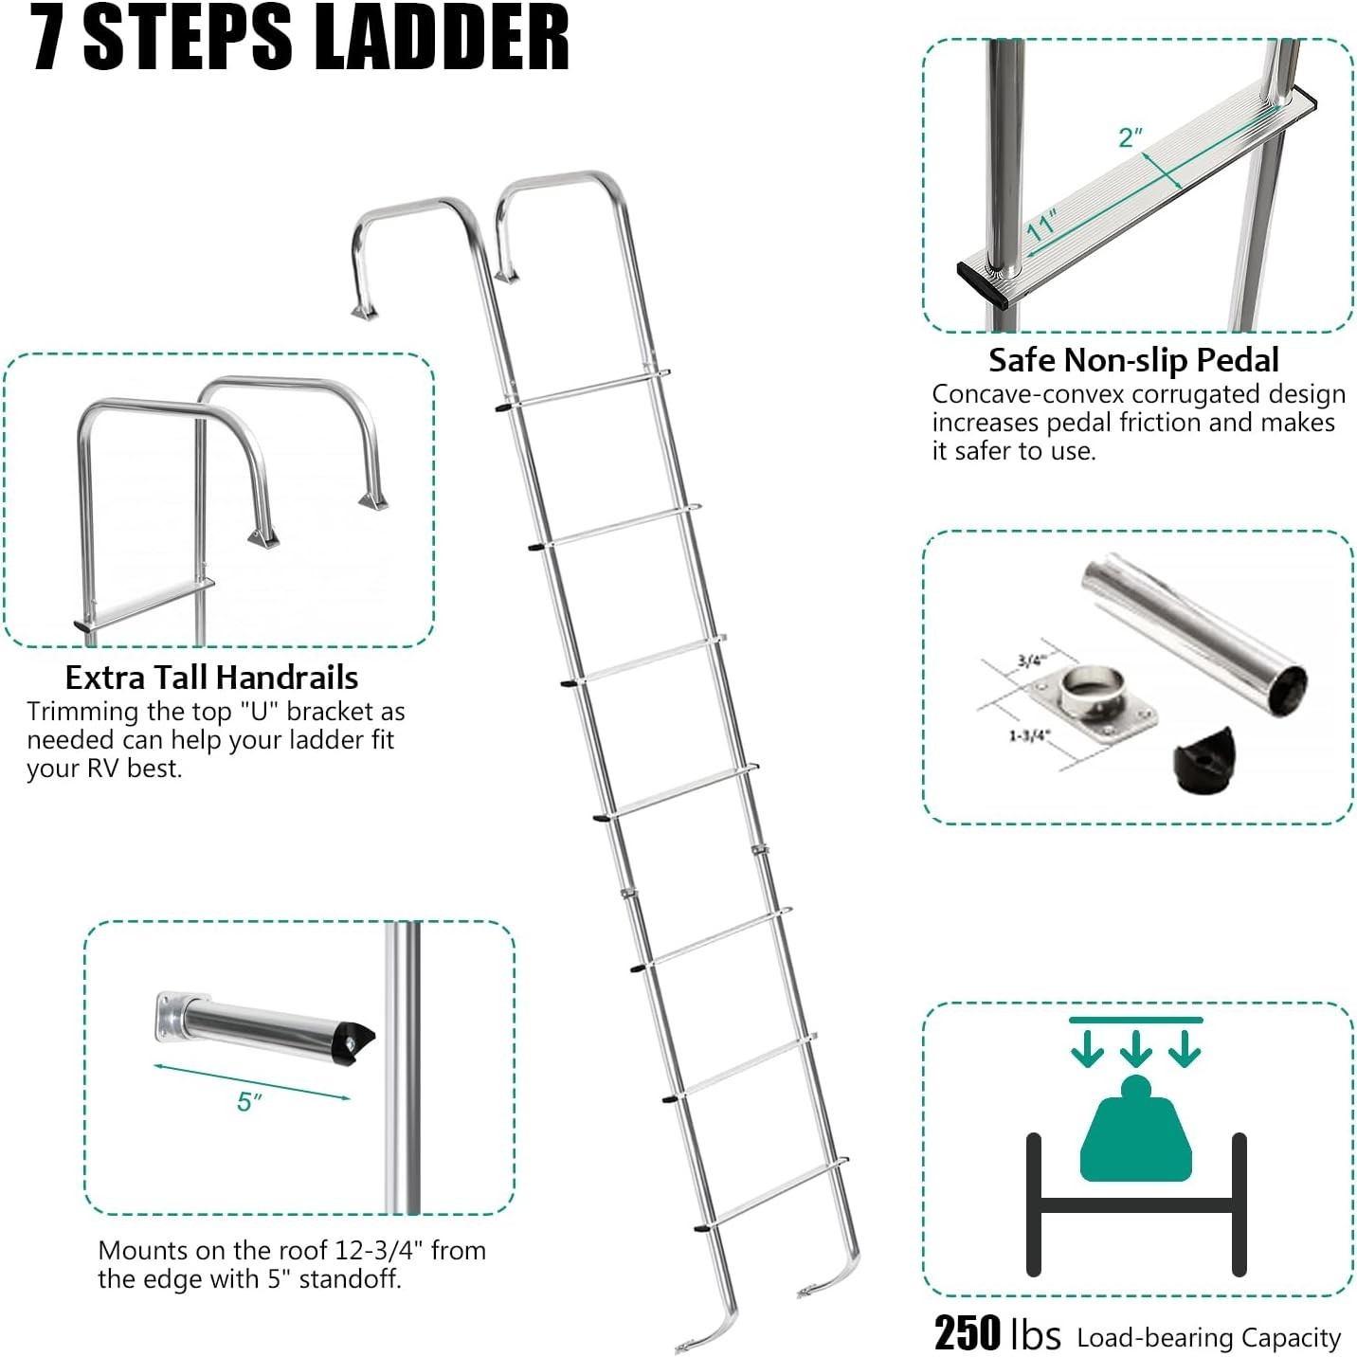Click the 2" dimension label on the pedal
point(1131,137)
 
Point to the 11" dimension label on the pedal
point(1041,226)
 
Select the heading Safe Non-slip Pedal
point(1133,360)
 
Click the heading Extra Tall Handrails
point(211,678)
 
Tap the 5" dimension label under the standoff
point(249,1101)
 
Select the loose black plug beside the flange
point(1204,754)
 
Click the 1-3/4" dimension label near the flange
point(1027,735)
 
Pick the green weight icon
point(1135,1132)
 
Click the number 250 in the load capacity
point(967,1333)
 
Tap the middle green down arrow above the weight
point(1135,1047)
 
